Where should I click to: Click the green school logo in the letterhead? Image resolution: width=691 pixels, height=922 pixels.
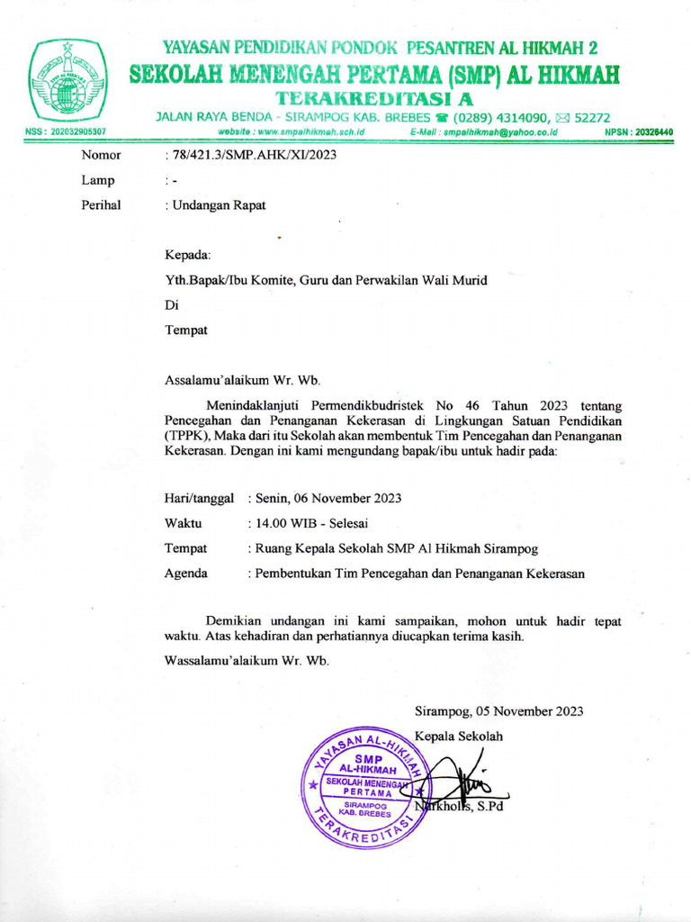[x=67, y=80]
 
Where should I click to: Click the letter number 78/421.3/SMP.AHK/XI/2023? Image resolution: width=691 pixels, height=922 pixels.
[x=248, y=156]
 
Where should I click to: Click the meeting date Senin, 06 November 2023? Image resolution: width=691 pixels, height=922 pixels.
[x=328, y=498]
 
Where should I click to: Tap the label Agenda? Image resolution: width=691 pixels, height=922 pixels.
[x=186, y=573]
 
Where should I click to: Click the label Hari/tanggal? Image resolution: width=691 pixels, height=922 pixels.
[x=200, y=498]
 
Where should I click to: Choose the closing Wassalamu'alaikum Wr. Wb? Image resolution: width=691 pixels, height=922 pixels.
[x=247, y=661]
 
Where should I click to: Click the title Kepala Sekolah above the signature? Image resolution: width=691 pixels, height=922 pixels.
[x=459, y=736]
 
